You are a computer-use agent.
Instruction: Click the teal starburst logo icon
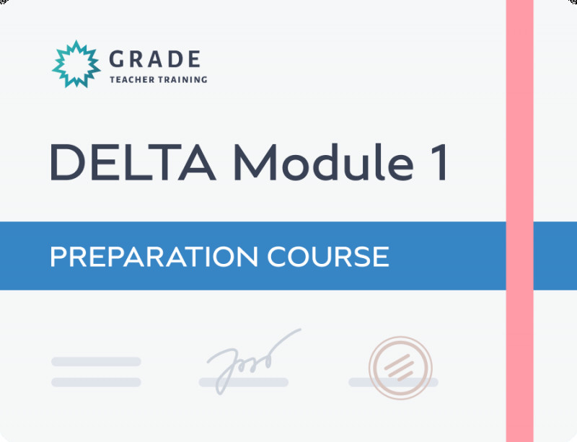tap(76, 64)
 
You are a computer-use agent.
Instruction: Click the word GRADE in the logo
tap(155, 59)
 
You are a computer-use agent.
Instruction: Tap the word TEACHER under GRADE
tap(132, 79)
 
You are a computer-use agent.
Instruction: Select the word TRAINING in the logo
tap(183, 79)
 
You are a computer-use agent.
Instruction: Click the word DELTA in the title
tap(133, 162)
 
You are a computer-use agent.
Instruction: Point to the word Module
tap(323, 162)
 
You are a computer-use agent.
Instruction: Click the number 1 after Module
tap(439, 162)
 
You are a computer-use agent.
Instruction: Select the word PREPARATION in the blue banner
tap(154, 257)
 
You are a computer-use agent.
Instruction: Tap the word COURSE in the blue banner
tap(328, 257)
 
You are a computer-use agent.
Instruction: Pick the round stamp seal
tap(400, 368)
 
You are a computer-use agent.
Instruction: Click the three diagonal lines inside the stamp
tap(399, 368)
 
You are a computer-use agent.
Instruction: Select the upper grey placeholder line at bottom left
tap(96, 361)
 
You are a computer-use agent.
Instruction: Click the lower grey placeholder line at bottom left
tap(96, 382)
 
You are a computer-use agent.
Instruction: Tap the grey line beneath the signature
tap(244, 382)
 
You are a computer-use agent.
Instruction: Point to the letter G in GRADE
tap(116, 59)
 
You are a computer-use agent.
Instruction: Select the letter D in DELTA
tap(67, 162)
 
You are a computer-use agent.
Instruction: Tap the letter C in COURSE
tap(276, 257)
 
